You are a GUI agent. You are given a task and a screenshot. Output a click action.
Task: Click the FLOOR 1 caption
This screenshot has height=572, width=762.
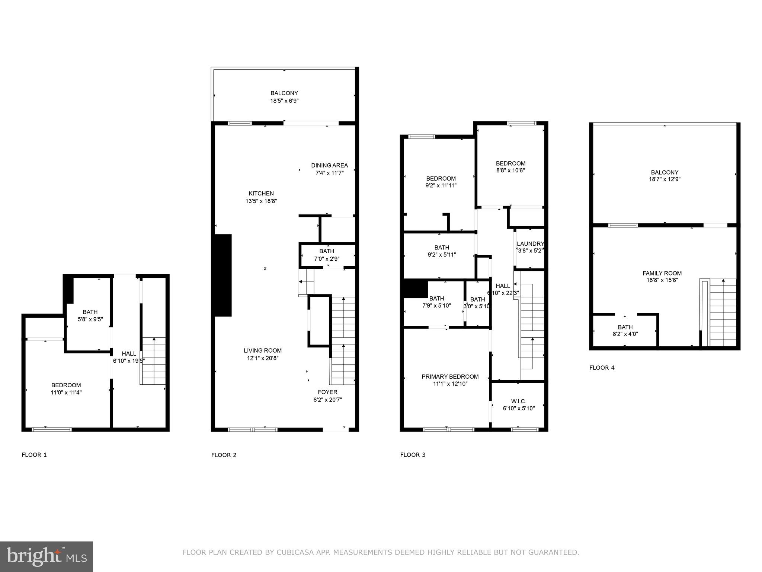(x=34, y=455)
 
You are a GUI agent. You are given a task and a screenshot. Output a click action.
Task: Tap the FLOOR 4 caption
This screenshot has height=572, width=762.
(x=602, y=368)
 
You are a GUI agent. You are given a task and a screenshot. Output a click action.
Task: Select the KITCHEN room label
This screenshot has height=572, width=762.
(x=261, y=193)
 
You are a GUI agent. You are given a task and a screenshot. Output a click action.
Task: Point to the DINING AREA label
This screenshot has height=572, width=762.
(x=329, y=165)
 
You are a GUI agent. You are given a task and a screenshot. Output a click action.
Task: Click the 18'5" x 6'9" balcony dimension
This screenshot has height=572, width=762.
(x=284, y=101)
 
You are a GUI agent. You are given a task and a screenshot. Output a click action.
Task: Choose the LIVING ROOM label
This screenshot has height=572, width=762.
(x=263, y=350)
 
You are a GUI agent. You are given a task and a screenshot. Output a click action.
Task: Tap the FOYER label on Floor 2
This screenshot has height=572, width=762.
(x=327, y=392)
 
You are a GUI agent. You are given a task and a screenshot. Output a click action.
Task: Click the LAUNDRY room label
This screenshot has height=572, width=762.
(x=530, y=244)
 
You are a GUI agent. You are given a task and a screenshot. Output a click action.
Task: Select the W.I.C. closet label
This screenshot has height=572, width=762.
(x=519, y=401)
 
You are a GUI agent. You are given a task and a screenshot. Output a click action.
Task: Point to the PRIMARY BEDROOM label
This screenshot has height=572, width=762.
(x=450, y=376)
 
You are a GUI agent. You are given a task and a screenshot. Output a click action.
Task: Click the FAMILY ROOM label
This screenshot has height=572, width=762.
(x=662, y=273)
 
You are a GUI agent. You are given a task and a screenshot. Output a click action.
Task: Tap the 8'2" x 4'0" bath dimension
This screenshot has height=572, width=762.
(x=625, y=334)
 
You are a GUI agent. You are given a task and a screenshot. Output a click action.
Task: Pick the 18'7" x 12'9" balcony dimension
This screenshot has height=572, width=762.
(x=665, y=179)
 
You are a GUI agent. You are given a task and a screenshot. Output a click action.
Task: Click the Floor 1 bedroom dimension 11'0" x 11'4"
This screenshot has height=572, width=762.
(x=66, y=392)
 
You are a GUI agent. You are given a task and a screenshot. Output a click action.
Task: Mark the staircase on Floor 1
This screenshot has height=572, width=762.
(x=154, y=360)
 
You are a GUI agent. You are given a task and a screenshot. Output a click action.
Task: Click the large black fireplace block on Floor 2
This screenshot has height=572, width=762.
(x=223, y=275)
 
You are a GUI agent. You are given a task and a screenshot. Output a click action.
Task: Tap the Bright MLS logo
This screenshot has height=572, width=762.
(x=47, y=557)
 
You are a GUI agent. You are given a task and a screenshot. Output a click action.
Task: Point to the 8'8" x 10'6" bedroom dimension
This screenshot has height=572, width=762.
(x=510, y=170)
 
